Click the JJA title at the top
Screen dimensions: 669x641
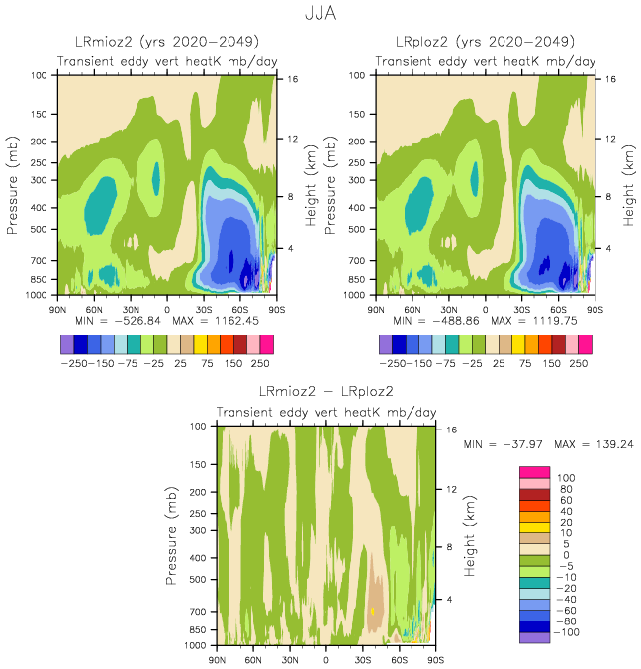coord(320,15)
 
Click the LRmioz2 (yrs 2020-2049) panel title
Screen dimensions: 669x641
coord(166,42)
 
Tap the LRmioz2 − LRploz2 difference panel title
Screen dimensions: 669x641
coord(325,392)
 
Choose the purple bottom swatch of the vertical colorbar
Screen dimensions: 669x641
coord(534,637)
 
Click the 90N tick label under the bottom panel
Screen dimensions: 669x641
coord(218,658)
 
